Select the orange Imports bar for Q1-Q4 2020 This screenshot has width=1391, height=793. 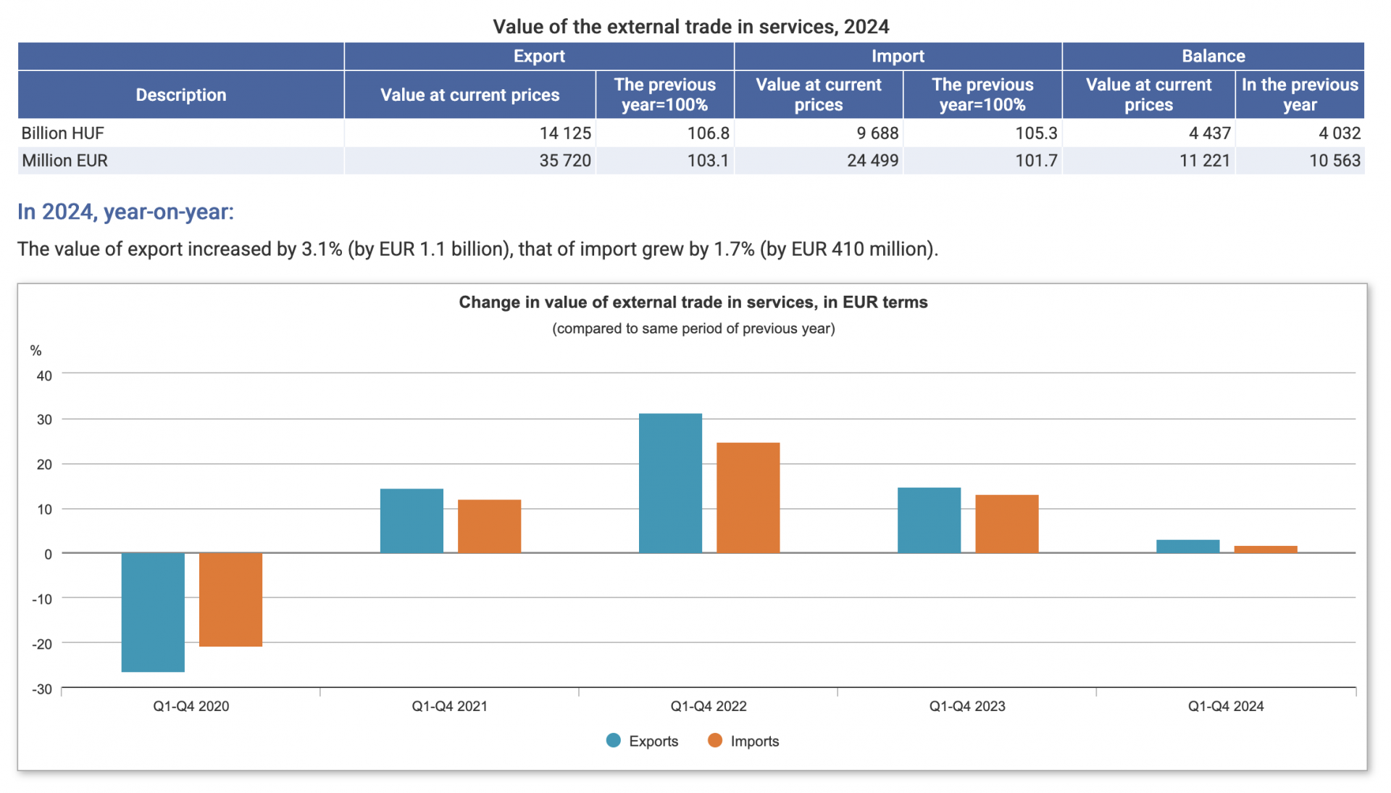230,599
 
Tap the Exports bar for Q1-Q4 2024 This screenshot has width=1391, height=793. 1187,547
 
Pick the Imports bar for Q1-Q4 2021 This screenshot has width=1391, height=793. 489,526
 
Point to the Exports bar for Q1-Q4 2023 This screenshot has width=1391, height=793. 929,520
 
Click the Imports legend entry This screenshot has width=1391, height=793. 743,741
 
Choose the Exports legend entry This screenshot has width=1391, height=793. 643,741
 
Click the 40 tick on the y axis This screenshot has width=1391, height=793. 44,375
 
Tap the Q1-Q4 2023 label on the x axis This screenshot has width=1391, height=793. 966,706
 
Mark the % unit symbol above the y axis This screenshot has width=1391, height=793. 35,351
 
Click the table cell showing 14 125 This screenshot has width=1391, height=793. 565,133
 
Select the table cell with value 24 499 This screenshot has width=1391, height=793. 872,160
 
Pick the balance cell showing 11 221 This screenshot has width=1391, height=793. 1204,160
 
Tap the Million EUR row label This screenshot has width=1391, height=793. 64,160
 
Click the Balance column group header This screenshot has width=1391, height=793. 1213,56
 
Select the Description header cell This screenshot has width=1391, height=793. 180,94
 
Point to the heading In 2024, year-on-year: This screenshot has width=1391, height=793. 125,212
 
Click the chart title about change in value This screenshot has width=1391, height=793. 693,302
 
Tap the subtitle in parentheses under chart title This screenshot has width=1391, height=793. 693,328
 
